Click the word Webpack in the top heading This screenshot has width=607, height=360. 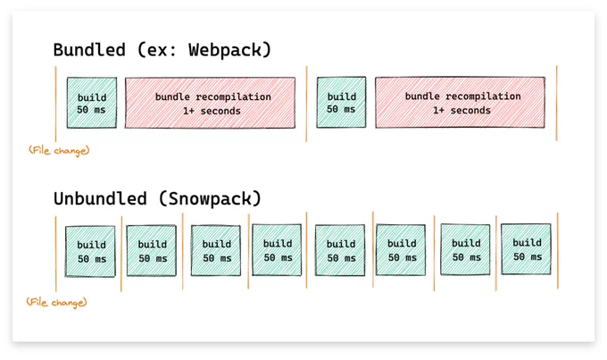pyautogui.click(x=225, y=50)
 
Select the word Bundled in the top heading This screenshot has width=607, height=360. pyautogui.click(x=89, y=50)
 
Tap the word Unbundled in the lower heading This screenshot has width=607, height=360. pyautogui.click(x=100, y=198)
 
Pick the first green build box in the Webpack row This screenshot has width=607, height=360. pyautogui.click(x=92, y=103)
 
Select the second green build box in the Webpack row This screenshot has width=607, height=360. pyautogui.click(x=341, y=103)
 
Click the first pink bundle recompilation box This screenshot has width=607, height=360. pyautogui.click(x=210, y=103)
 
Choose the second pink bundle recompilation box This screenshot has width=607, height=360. pyautogui.click(x=461, y=103)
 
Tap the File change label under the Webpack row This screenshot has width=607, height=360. pyautogui.click(x=59, y=150)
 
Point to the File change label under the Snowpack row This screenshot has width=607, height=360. pyautogui.click(x=56, y=302)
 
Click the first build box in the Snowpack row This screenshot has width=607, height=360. pyautogui.click(x=90, y=252)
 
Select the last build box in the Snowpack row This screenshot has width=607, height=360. pyautogui.click(x=526, y=249)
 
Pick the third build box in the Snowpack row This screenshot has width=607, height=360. pyautogui.click(x=216, y=250)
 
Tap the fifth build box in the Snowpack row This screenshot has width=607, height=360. pyautogui.click(x=340, y=250)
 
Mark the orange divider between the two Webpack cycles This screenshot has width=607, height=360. pyautogui.click(x=306, y=104)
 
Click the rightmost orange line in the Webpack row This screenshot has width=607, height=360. pyautogui.click(x=557, y=103)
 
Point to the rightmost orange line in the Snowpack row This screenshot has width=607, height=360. pyautogui.click(x=558, y=251)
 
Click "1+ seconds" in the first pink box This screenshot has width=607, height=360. pyautogui.click(x=212, y=112)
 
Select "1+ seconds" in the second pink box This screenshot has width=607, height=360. pyautogui.click(x=461, y=111)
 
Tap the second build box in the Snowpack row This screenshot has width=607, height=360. pyautogui.click(x=152, y=251)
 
